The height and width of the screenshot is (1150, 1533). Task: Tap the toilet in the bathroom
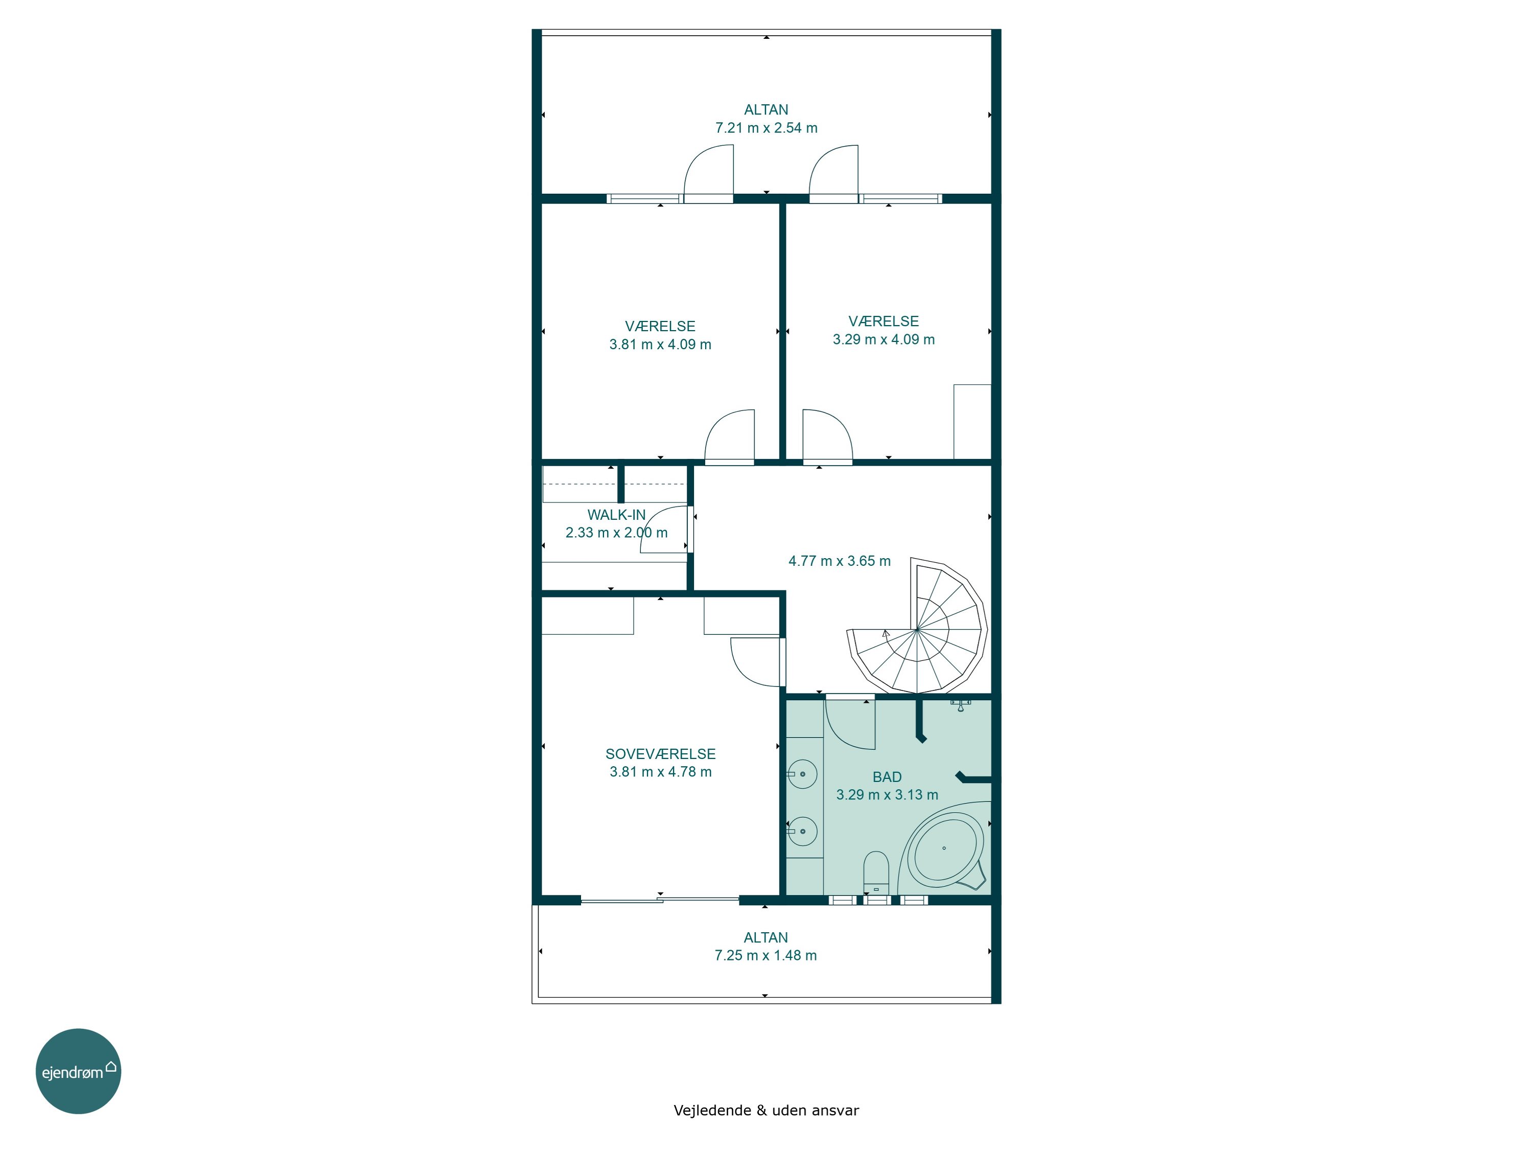click(876, 873)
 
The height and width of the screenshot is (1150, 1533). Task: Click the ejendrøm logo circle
click(78, 1071)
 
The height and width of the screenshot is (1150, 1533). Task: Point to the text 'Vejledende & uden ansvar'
click(766, 1110)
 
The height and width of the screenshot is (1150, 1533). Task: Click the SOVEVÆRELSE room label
click(660, 753)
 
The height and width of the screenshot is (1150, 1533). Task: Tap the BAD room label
click(887, 777)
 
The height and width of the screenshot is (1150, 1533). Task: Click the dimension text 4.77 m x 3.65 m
click(839, 561)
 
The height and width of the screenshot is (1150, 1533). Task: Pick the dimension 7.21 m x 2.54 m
click(766, 128)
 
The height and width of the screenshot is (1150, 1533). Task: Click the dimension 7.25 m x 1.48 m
click(766, 955)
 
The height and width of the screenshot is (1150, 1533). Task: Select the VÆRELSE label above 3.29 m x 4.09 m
click(884, 321)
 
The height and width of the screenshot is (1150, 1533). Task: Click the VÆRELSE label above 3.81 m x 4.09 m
click(660, 326)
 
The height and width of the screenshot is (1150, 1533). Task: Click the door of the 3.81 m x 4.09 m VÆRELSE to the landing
click(729, 436)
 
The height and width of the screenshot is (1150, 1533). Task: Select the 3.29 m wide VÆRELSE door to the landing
click(827, 436)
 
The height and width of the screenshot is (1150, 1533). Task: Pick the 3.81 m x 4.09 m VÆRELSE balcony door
click(708, 173)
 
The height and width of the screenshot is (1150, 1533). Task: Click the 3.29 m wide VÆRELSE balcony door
click(834, 173)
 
